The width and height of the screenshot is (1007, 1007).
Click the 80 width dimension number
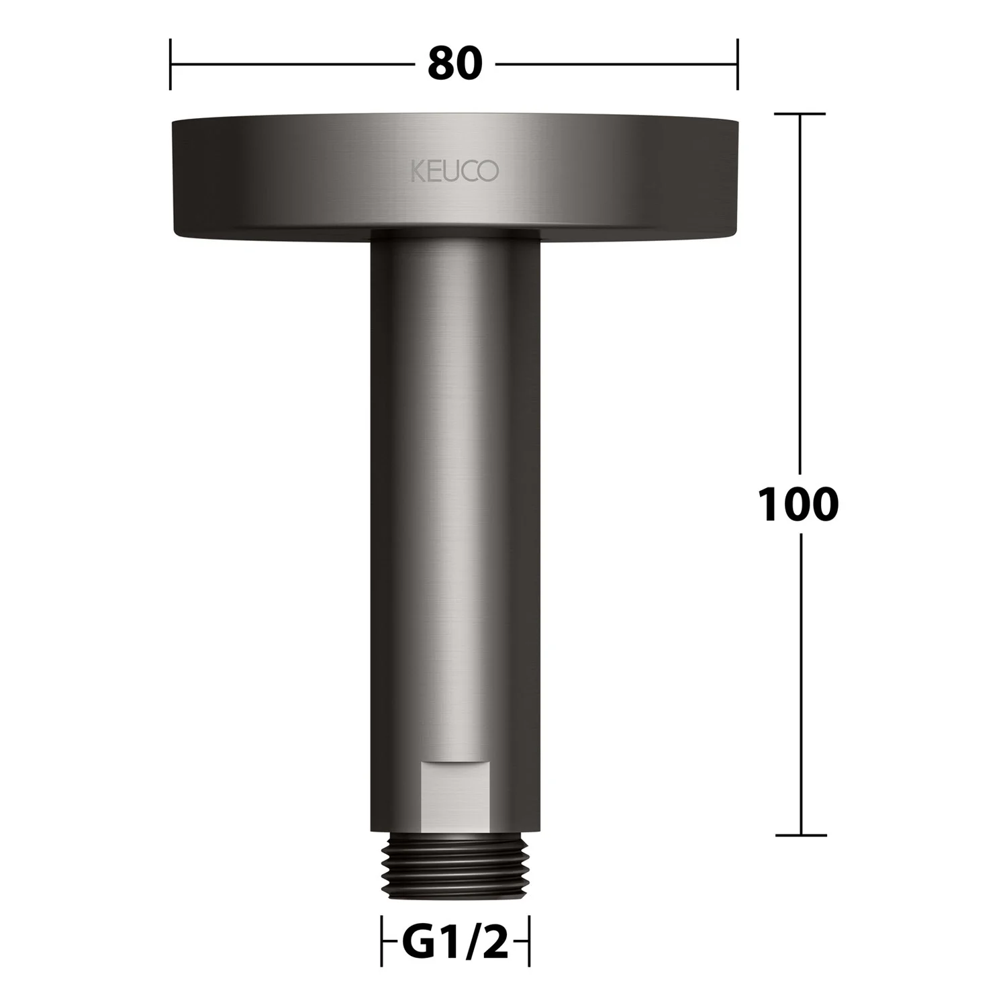(455, 64)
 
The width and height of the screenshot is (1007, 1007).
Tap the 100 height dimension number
(798, 505)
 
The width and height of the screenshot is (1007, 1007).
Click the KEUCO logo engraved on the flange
(454, 171)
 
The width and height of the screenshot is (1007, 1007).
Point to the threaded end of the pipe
(455, 868)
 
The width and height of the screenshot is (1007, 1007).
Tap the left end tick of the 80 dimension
(171, 64)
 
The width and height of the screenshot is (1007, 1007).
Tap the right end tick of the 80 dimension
(738, 64)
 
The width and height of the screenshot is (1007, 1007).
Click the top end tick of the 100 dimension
(800, 114)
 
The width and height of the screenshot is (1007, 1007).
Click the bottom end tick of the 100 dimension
(800, 835)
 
